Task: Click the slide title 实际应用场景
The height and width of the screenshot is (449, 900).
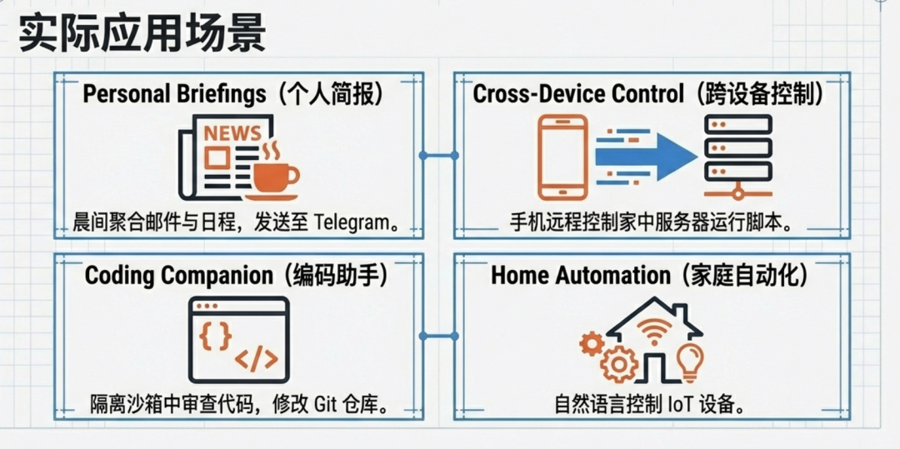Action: (x=142, y=36)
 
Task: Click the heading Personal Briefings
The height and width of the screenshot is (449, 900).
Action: (x=173, y=93)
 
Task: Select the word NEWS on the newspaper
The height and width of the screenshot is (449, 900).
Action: (x=232, y=133)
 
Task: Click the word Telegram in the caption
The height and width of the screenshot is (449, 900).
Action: (x=350, y=222)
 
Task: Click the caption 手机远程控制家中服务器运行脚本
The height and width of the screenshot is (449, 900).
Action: (x=649, y=222)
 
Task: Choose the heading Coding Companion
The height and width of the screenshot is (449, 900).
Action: (x=178, y=275)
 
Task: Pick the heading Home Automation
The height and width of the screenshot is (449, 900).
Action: (x=580, y=275)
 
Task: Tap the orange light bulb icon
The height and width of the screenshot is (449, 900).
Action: (x=691, y=361)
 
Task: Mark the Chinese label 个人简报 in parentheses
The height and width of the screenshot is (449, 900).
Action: (x=328, y=93)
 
